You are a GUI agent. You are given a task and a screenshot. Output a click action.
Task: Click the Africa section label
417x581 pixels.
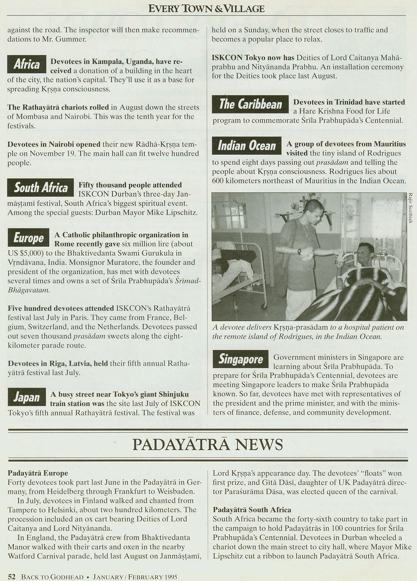tap(26, 64)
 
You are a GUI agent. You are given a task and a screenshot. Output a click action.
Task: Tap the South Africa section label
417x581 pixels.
tap(40, 187)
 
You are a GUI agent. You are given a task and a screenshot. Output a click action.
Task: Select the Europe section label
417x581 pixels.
tap(28, 238)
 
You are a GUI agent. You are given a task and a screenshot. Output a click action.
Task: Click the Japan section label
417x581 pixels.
tap(26, 397)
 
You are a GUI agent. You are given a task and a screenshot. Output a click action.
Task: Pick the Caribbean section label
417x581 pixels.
tap(250, 104)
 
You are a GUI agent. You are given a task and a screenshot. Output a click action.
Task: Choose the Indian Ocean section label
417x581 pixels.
tap(247, 146)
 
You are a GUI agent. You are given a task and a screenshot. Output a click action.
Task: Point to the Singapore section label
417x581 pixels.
tap(241, 359)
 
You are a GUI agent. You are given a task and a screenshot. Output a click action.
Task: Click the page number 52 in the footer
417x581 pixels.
tap(12, 576)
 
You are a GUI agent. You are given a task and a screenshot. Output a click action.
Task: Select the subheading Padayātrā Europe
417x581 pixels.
tap(38, 473)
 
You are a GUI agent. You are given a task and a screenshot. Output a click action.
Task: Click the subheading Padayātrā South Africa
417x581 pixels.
tap(252, 510)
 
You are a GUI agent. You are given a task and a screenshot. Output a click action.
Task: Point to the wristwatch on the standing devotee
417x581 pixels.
tap(299, 251)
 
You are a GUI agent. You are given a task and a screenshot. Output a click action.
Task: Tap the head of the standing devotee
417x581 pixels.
tap(312, 211)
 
